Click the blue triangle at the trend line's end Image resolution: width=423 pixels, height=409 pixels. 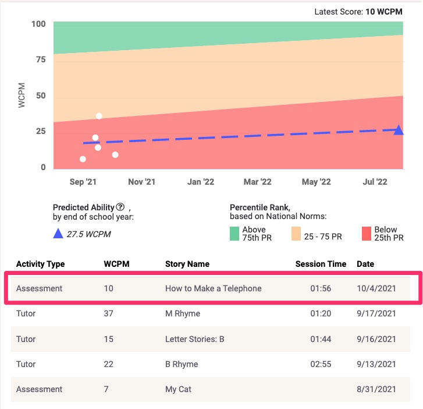point(399,130)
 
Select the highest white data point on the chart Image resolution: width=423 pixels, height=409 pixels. point(99,116)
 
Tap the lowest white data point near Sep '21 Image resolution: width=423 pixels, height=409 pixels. point(83,159)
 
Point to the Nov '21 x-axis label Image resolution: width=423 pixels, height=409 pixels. point(141,182)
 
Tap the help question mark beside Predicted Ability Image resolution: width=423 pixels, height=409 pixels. point(120,207)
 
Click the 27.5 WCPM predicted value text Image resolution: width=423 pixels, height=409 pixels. point(88,234)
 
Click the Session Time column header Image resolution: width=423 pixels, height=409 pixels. point(321,264)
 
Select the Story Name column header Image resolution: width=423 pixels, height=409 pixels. point(187,264)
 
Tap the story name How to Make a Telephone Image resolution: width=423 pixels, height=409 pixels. point(213,288)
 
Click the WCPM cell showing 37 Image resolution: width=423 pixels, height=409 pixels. point(108,313)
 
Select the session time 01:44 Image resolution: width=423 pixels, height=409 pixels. point(320,339)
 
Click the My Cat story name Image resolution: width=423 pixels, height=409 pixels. point(178,389)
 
